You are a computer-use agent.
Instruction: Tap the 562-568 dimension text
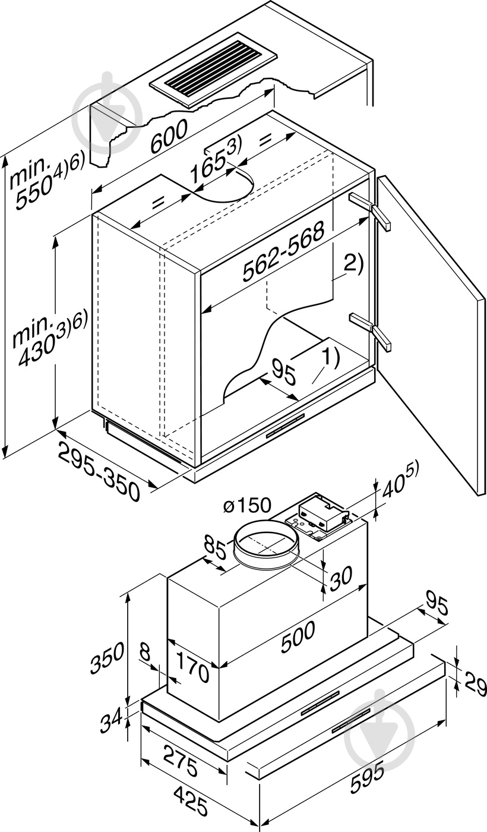click(284, 251)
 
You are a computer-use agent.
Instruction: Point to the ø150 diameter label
click(248, 505)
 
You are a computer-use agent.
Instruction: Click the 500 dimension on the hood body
click(298, 638)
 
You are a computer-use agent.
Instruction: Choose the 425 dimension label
click(191, 802)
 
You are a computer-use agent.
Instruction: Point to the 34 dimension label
click(111, 719)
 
